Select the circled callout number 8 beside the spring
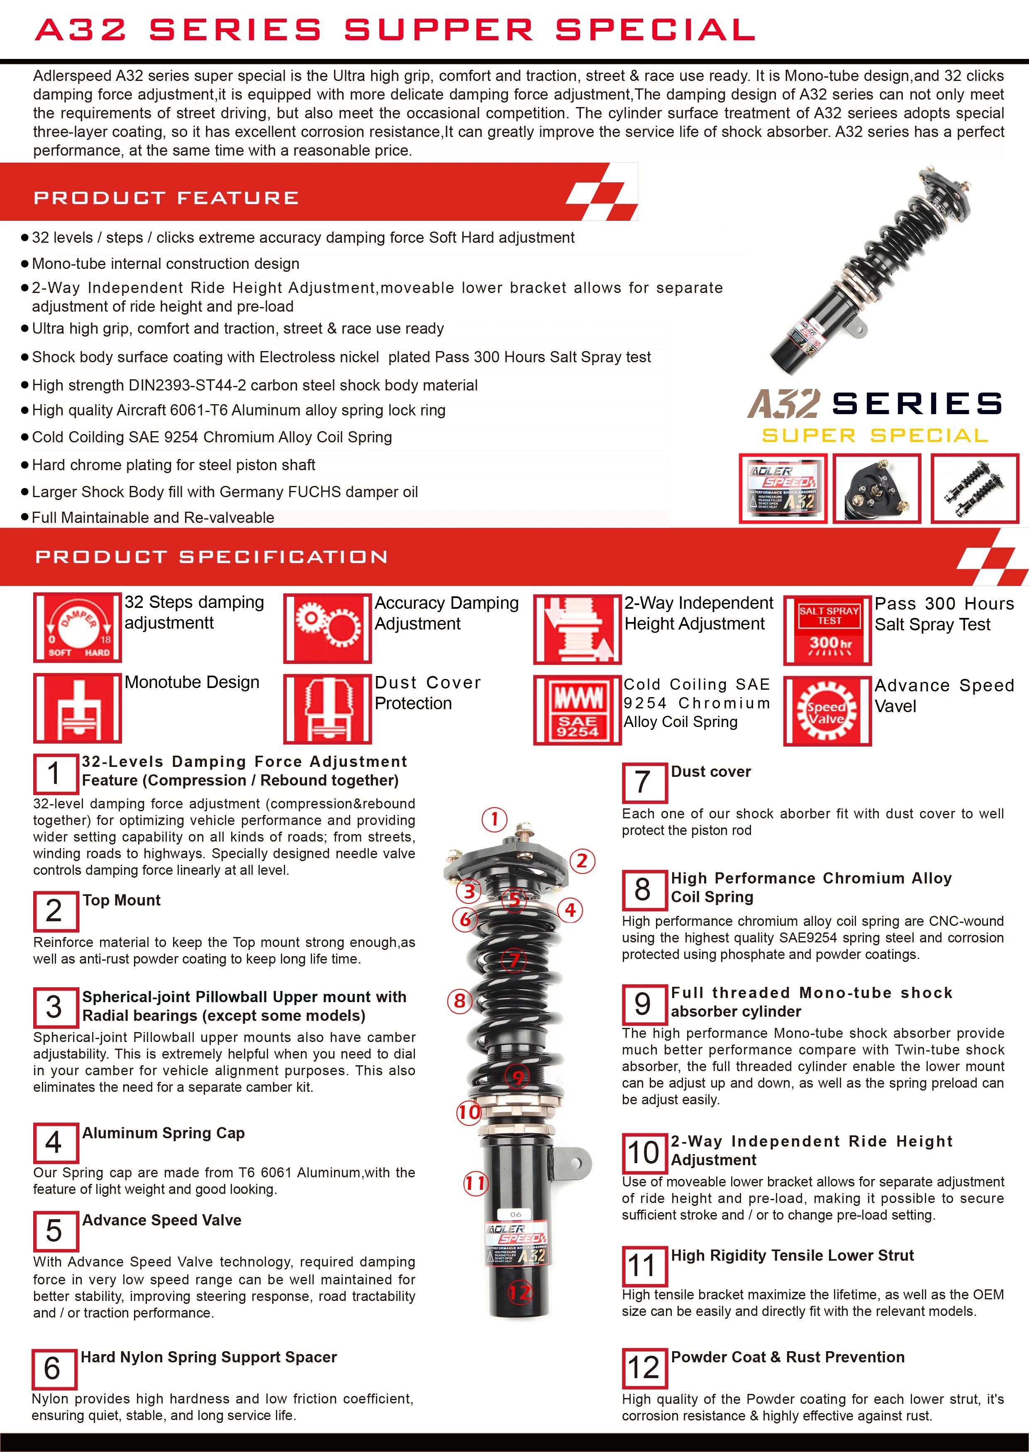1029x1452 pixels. (460, 1001)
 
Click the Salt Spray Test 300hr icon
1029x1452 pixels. (827, 630)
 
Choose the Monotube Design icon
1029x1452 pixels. (77, 708)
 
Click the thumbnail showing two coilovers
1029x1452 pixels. (974, 489)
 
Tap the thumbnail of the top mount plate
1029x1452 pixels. (876, 489)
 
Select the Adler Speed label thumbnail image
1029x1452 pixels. (783, 489)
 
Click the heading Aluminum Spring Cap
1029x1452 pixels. (163, 1133)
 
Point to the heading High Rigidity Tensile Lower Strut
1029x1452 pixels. (792, 1256)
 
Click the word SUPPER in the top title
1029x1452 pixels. (439, 30)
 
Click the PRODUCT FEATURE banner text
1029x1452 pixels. (166, 198)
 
